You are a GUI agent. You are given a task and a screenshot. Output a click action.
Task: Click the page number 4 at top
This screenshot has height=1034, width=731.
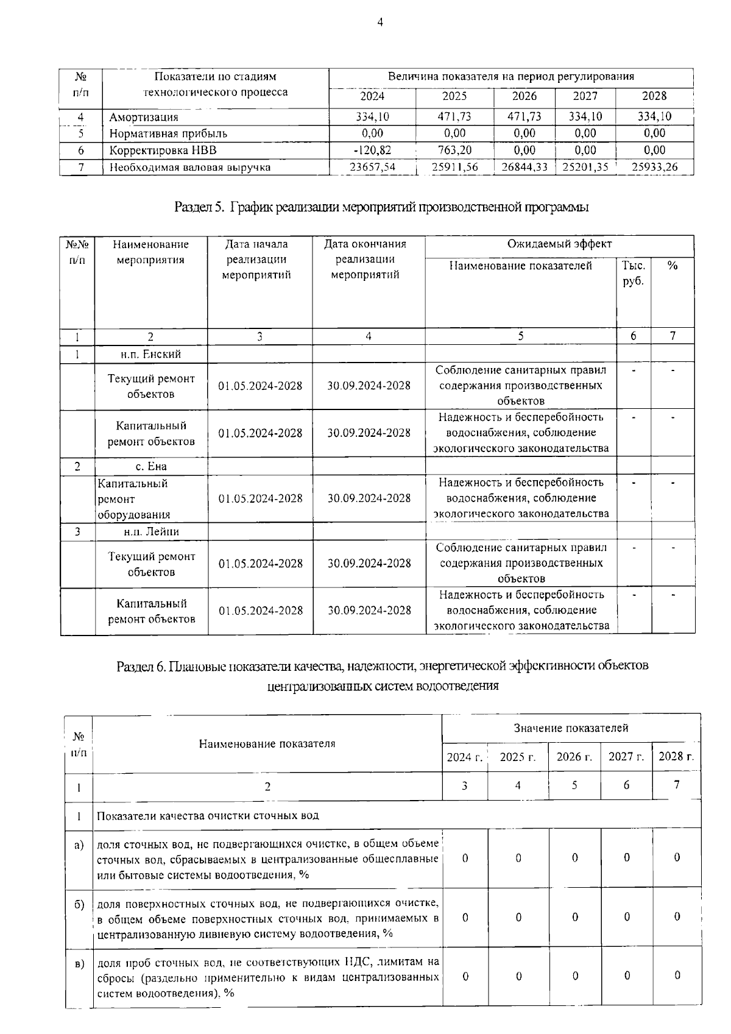coord(380,23)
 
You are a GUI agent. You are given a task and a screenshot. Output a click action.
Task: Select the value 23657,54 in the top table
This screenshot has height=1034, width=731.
coord(372,167)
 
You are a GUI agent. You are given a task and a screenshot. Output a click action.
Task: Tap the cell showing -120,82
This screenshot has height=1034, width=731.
coord(372,150)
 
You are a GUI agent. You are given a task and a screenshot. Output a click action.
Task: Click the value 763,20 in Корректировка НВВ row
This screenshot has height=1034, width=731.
coord(454,150)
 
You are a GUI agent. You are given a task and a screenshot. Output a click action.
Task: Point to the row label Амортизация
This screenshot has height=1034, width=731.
coord(144,117)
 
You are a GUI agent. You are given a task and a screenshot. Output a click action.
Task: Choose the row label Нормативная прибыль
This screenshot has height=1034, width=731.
coord(168,133)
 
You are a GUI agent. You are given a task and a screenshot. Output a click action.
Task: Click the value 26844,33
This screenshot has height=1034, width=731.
coord(524,167)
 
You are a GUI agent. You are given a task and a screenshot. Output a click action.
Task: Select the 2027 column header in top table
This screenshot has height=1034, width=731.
coord(585,96)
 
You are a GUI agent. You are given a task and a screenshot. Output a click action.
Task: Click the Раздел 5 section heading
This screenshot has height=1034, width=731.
coord(381,207)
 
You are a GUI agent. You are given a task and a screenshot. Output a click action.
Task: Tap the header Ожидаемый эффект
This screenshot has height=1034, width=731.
coord(559,244)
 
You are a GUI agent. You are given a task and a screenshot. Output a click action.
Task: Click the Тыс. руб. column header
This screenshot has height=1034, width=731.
coord(634,274)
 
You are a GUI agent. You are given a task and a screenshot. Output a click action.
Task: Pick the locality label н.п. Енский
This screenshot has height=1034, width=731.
coord(150,354)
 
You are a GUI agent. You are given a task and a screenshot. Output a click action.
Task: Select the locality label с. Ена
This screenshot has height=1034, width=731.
coord(150,466)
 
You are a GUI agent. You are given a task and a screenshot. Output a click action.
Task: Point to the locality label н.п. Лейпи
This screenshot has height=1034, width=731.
coord(151,531)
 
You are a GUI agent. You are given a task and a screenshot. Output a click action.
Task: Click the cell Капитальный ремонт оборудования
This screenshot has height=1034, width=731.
coord(133,499)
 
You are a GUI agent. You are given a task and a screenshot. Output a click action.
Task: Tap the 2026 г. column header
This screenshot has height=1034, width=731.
coord(574,757)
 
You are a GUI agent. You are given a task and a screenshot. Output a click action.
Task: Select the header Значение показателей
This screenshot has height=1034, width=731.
coord(571,728)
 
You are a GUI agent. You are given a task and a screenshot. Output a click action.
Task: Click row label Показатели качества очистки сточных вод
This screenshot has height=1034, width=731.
coord(208,815)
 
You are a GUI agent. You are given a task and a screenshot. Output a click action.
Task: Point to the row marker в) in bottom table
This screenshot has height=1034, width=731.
coord(79,964)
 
